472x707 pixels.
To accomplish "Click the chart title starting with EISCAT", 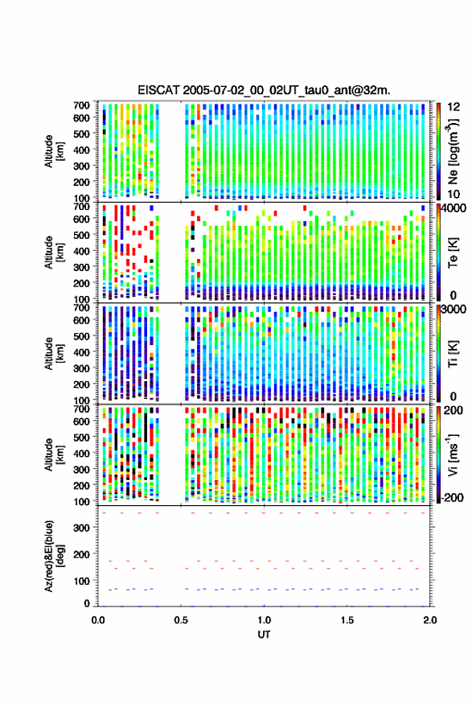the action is coord(264,90).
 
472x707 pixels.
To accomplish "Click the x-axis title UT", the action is coord(264,635).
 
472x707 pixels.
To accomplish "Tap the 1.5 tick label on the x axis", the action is coord(347,620).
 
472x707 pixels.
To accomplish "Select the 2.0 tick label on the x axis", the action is coord(430,620).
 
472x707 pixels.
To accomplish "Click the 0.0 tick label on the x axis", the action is coord(98,620).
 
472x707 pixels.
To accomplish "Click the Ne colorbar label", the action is coord(454,151).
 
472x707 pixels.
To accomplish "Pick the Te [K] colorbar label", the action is coord(453,253).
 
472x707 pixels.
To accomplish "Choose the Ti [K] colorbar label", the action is coord(453,354).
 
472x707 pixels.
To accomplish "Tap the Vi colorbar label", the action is coord(453,454).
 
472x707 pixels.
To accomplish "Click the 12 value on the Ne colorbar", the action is coord(454,107).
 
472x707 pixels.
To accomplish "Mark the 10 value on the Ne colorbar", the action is coord(454,194).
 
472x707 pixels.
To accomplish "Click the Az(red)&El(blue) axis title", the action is coord(54,557).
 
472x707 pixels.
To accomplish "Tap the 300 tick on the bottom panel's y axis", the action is coord(81,528).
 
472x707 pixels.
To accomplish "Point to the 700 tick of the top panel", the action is coord(81,105).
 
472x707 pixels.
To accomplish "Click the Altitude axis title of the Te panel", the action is coord(54,253).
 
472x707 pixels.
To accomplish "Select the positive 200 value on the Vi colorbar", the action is coord(454,410).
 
